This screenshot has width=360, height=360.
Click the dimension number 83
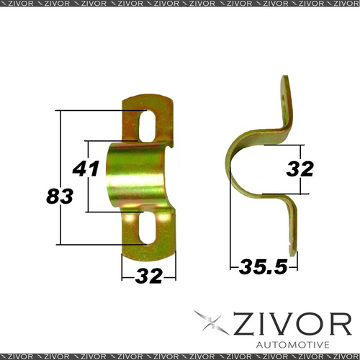[60, 196]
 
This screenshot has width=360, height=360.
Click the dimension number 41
[86, 168]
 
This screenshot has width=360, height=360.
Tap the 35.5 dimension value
[263, 266]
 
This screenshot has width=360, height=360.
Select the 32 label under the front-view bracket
[149, 276]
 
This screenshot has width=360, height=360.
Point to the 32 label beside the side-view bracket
[300, 168]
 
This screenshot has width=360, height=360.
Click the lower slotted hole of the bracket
[147, 228]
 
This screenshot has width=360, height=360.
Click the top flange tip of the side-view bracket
[285, 78]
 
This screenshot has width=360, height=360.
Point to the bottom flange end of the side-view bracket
[293, 253]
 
